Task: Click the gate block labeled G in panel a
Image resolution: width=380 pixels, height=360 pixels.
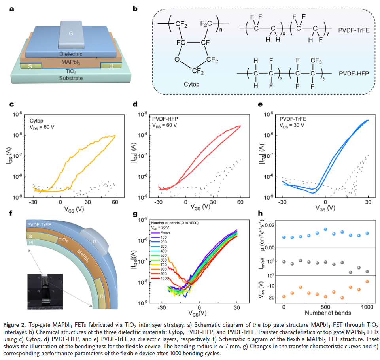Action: [x=71, y=34]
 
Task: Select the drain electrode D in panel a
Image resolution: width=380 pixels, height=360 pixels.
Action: [x=111, y=66]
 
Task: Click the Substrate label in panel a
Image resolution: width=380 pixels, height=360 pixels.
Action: [x=71, y=78]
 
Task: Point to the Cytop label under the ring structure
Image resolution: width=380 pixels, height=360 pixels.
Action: [x=192, y=85]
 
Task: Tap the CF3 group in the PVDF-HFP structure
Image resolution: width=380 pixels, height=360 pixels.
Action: [x=315, y=60]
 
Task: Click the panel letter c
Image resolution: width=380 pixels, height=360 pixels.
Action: [x=11, y=104]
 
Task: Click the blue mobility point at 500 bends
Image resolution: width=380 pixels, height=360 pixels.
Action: [x=325, y=229]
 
